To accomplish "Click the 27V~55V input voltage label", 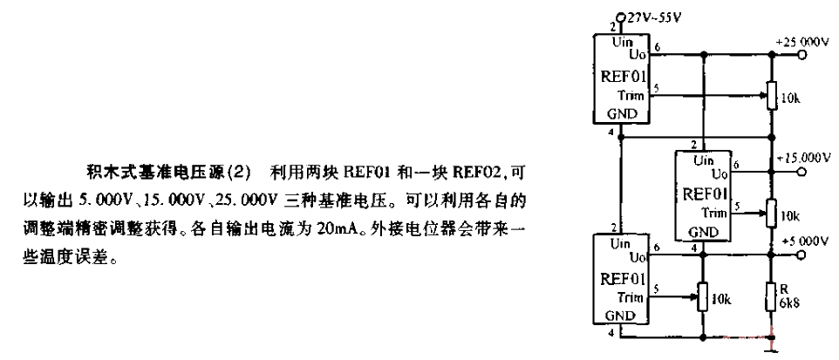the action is click(652, 17).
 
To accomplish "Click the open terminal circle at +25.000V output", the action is click(801, 55).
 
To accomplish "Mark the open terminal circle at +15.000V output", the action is click(801, 173).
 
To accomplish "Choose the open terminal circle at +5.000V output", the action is click(801, 255).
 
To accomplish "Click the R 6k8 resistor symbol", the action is click(771, 298).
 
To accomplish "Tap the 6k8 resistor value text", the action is click(788, 302).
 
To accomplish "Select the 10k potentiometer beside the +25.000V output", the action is click(771, 96).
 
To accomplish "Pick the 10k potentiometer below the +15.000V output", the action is click(771, 214).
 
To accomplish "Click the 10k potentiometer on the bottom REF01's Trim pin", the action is click(703, 296).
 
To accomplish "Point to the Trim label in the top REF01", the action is click(635, 96).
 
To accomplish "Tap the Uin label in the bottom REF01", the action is click(621, 244).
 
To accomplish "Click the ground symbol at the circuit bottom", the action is click(771, 348).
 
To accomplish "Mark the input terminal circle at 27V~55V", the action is click(620, 17).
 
